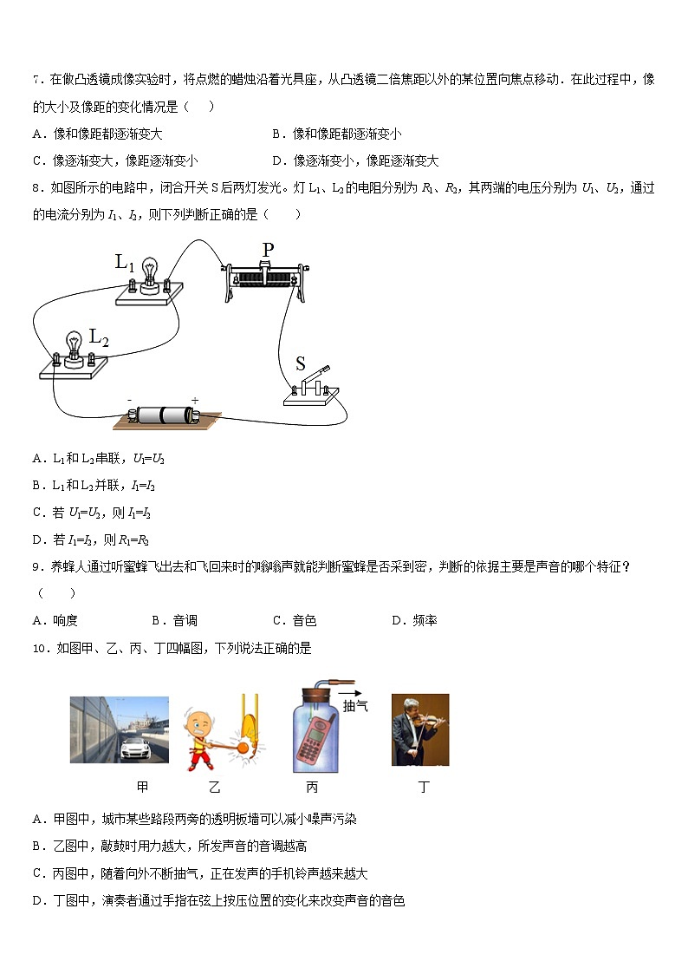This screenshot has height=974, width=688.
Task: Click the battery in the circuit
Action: [165, 416]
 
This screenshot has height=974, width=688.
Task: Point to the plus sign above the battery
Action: [195, 400]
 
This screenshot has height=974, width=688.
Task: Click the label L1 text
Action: [126, 261]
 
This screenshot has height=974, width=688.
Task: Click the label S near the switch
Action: [301, 363]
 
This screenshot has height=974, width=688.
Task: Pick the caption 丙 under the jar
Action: [312, 788]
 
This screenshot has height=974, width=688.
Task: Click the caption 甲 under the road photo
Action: [142, 788]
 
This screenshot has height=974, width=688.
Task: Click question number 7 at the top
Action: [37, 80]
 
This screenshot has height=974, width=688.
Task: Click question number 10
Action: [41, 647]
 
